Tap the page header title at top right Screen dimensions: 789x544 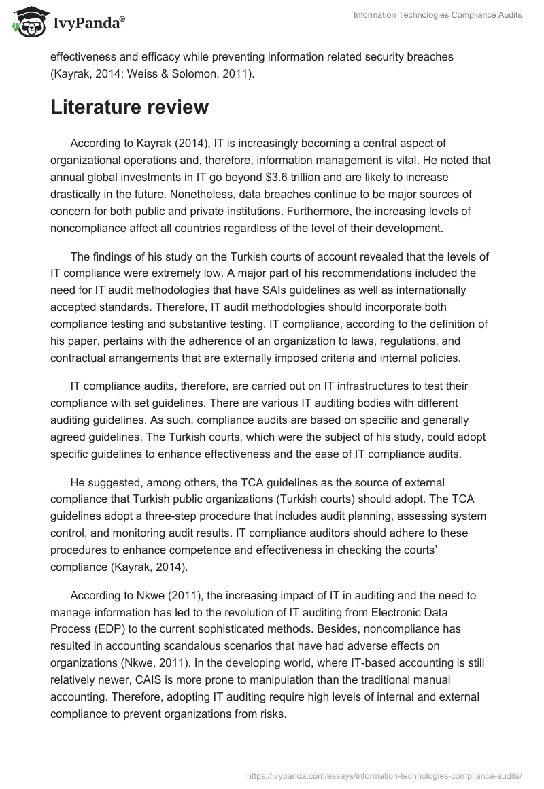438,15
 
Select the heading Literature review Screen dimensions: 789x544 129,107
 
